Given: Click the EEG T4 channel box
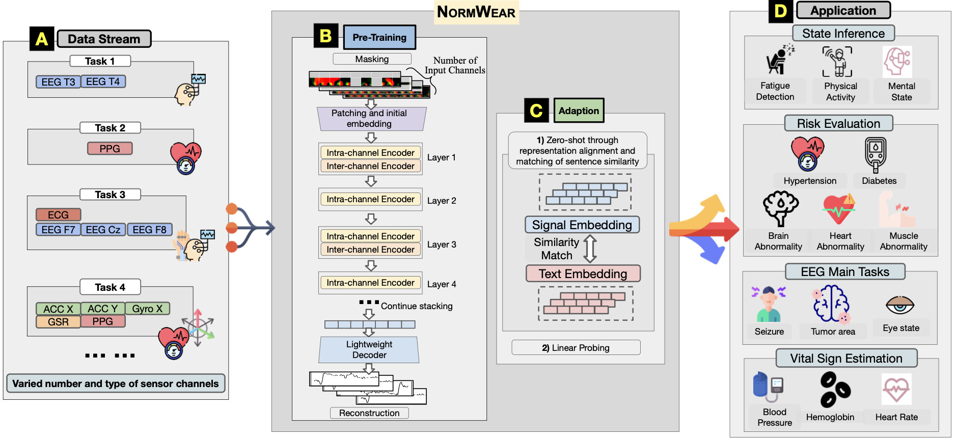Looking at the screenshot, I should [x=103, y=81].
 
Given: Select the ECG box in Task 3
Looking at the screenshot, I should [x=59, y=215].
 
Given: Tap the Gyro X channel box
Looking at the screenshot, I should [x=147, y=309].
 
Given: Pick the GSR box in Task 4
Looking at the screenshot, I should [x=58, y=322].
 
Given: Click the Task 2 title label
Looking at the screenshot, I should [x=110, y=128].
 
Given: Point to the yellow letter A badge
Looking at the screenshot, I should [x=42, y=39].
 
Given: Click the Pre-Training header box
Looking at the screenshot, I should [x=379, y=38].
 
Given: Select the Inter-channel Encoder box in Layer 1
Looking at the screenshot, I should [x=370, y=166].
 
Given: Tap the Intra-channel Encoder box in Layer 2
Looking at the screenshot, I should [x=370, y=199].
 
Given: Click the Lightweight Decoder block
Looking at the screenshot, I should [x=369, y=350].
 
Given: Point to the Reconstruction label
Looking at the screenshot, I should [x=369, y=413].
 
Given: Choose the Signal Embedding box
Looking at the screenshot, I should [x=582, y=225].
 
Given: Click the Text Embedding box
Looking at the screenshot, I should [x=583, y=273].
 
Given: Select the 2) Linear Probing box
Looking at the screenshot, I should [x=576, y=348].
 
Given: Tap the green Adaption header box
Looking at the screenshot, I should [x=579, y=111].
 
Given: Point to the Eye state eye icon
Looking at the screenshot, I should [x=900, y=305].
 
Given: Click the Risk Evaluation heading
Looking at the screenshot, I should [x=838, y=123].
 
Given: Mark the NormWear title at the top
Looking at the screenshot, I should [x=476, y=12].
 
